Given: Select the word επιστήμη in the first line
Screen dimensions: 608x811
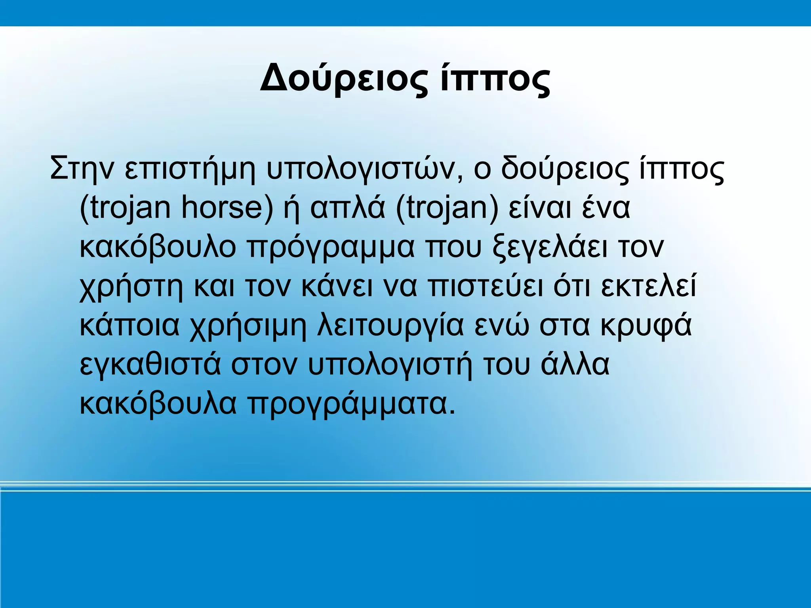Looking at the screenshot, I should click(x=190, y=169).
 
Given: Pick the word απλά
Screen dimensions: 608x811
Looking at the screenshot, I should click(x=347, y=208).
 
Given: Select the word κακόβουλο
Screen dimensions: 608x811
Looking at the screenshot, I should click(x=158, y=247).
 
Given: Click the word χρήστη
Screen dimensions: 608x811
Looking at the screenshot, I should click(x=131, y=287).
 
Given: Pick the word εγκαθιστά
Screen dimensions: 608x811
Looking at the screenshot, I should click(x=150, y=365).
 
